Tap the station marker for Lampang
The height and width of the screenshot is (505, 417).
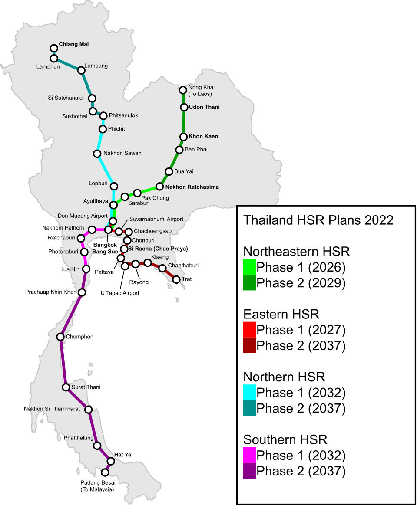(81, 70)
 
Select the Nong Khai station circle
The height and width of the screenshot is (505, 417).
(183, 90)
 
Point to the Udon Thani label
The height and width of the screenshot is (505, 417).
(204, 107)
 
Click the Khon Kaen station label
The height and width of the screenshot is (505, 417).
(203, 136)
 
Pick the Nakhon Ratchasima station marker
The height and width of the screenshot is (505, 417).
(159, 187)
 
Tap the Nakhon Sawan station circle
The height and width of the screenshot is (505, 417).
(97, 154)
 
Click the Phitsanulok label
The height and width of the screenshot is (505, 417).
(123, 115)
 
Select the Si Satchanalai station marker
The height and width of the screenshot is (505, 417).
(92, 98)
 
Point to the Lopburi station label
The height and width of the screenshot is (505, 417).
(97, 184)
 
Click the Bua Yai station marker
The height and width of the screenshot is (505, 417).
(169, 172)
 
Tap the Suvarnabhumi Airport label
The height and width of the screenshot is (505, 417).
(156, 219)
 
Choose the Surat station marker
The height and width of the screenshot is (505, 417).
(66, 387)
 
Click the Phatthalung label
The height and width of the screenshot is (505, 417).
(79, 438)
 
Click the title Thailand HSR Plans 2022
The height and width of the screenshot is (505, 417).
(318, 220)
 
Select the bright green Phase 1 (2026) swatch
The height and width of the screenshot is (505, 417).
(250, 267)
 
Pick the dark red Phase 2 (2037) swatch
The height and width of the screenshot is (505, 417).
(250, 346)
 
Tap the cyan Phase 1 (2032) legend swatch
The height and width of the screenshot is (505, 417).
(250, 393)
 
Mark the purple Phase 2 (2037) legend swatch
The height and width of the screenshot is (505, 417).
(250, 471)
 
